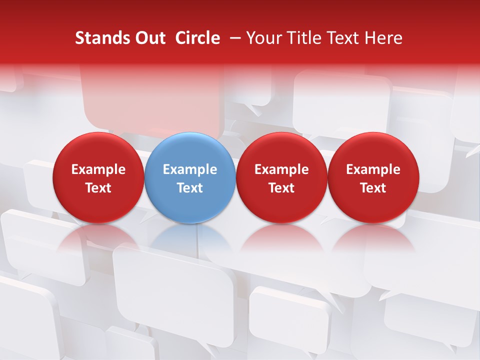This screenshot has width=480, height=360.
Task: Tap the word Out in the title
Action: (x=149, y=38)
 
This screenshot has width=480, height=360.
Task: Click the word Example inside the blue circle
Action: (x=190, y=169)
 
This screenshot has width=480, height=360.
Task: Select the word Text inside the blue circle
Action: (x=190, y=188)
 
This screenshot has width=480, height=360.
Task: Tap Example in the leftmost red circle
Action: (x=98, y=169)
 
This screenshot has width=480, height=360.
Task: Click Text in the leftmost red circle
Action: (x=98, y=188)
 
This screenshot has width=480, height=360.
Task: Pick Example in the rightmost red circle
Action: (x=373, y=169)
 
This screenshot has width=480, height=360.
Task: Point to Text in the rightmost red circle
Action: (x=373, y=188)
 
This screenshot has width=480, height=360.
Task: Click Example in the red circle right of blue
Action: (x=281, y=169)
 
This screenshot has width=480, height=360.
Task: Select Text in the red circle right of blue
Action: (x=281, y=188)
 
